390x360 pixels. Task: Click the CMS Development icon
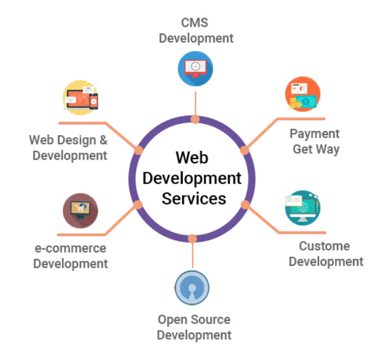tap(195, 68)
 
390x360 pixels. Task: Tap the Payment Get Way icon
tap(302, 94)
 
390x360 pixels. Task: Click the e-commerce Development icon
tap(80, 211)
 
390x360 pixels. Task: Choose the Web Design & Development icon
tap(81, 97)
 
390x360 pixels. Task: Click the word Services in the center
tap(194, 198)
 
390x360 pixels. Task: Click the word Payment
tap(314, 133)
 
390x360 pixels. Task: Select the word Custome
tap(324, 246)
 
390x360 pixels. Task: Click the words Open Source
tap(194, 319)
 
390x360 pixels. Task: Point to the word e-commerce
tap(70, 248)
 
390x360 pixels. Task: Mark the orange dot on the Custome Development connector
tap(245, 205)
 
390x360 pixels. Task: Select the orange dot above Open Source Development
tap(192, 239)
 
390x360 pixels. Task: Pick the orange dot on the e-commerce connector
tap(138, 205)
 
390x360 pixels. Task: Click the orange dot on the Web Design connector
tap(139, 150)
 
